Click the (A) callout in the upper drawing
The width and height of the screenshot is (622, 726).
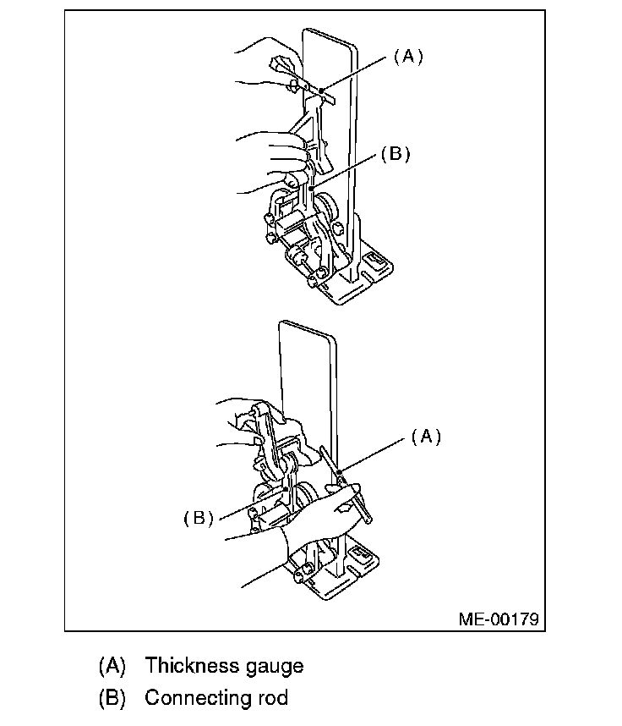click(x=408, y=57)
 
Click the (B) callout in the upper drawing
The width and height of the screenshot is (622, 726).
click(x=396, y=154)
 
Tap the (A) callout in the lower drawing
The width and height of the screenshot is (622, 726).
click(x=427, y=437)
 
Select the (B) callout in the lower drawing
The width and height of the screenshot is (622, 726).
click(x=199, y=518)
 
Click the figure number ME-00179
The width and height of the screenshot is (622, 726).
click(x=499, y=619)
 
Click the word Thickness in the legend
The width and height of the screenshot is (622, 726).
click(x=192, y=665)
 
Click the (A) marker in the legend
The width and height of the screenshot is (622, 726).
click(x=112, y=666)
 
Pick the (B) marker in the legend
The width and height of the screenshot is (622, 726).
click(x=112, y=698)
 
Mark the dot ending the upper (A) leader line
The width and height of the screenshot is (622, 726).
click(x=321, y=91)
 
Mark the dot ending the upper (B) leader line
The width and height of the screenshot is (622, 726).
click(x=312, y=188)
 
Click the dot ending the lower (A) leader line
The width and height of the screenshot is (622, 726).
click(x=340, y=472)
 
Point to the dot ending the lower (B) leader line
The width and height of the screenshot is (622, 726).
click(x=286, y=488)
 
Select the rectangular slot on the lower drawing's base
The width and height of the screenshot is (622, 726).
click(x=360, y=553)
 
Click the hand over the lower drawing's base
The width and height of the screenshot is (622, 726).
click(x=319, y=519)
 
